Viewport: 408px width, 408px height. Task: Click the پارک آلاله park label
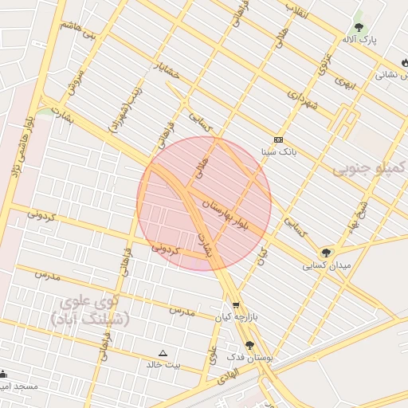tap(359, 39)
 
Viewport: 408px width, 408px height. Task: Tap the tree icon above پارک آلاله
tap(359, 26)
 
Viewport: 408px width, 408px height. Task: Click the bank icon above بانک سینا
tap(278, 139)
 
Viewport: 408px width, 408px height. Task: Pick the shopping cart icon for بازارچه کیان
tap(236, 305)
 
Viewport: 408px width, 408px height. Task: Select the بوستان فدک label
tap(249, 359)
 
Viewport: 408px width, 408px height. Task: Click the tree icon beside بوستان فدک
tap(249, 345)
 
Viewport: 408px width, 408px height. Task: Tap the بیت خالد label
tap(163, 364)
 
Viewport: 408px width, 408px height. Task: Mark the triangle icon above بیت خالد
tap(163, 352)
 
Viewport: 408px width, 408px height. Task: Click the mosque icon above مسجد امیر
tap(2, 373)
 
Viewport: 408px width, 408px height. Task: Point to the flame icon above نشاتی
tap(405, 63)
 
